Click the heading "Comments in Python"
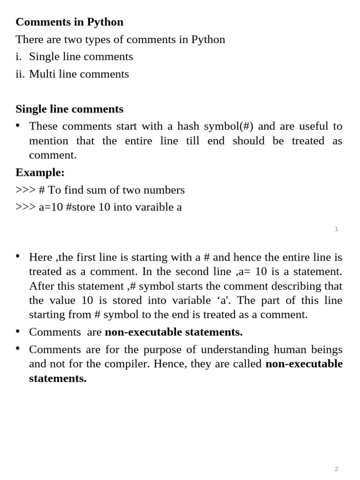click(69, 22)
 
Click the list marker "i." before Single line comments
click(18, 57)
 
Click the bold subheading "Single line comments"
click(69, 109)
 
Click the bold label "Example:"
click(40, 172)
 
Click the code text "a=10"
click(51, 207)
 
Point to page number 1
click(336, 229)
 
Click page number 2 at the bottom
click(336, 469)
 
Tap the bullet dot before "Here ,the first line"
click(18, 256)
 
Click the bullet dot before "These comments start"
click(18, 125)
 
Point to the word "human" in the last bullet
click(293, 350)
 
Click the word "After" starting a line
click(40, 286)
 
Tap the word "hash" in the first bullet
click(189, 126)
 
